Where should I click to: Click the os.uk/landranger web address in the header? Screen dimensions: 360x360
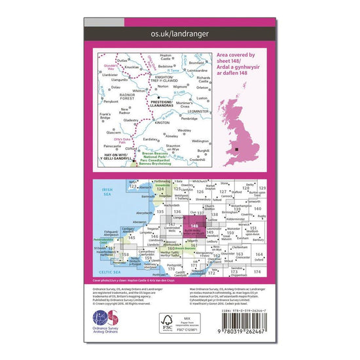(x=179, y=32)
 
